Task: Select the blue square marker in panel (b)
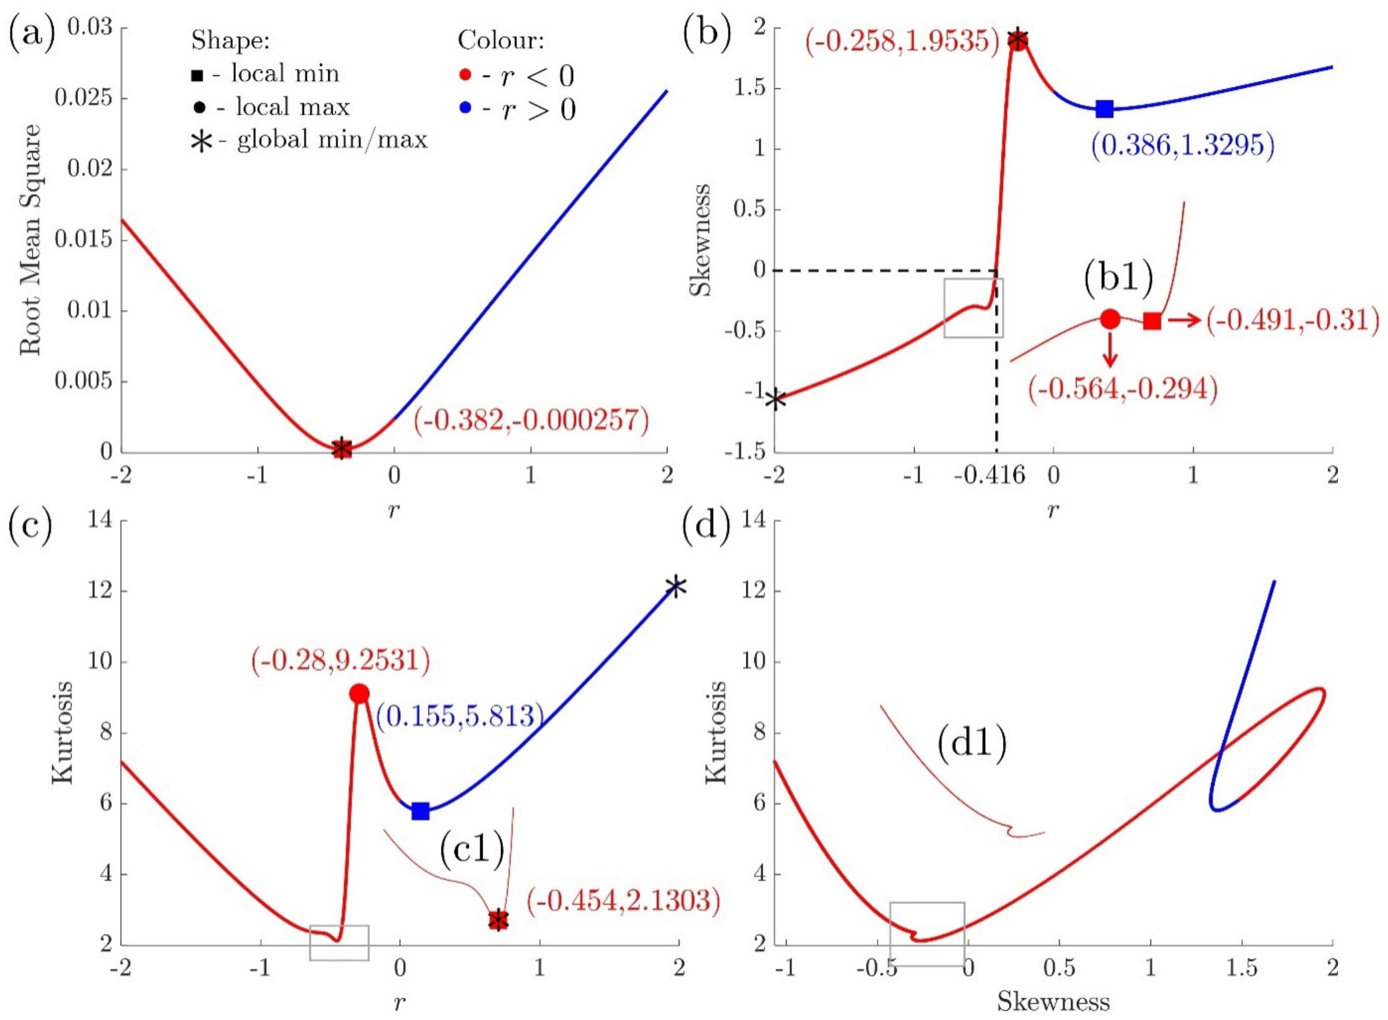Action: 1105,109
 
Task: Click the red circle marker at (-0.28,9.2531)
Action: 359,693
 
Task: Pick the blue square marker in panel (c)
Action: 420,811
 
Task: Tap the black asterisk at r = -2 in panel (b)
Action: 775,399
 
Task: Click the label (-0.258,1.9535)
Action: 901,41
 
